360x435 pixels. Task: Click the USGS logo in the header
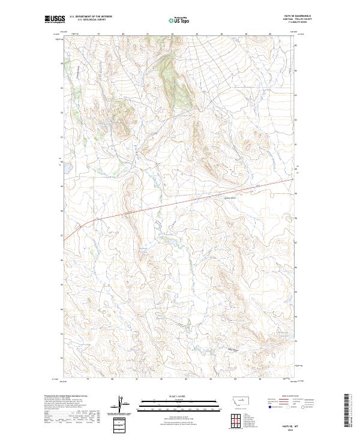[54, 20]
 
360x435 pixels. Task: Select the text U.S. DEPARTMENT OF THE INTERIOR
[91, 17]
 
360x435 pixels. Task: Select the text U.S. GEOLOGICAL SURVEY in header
[91, 20]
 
